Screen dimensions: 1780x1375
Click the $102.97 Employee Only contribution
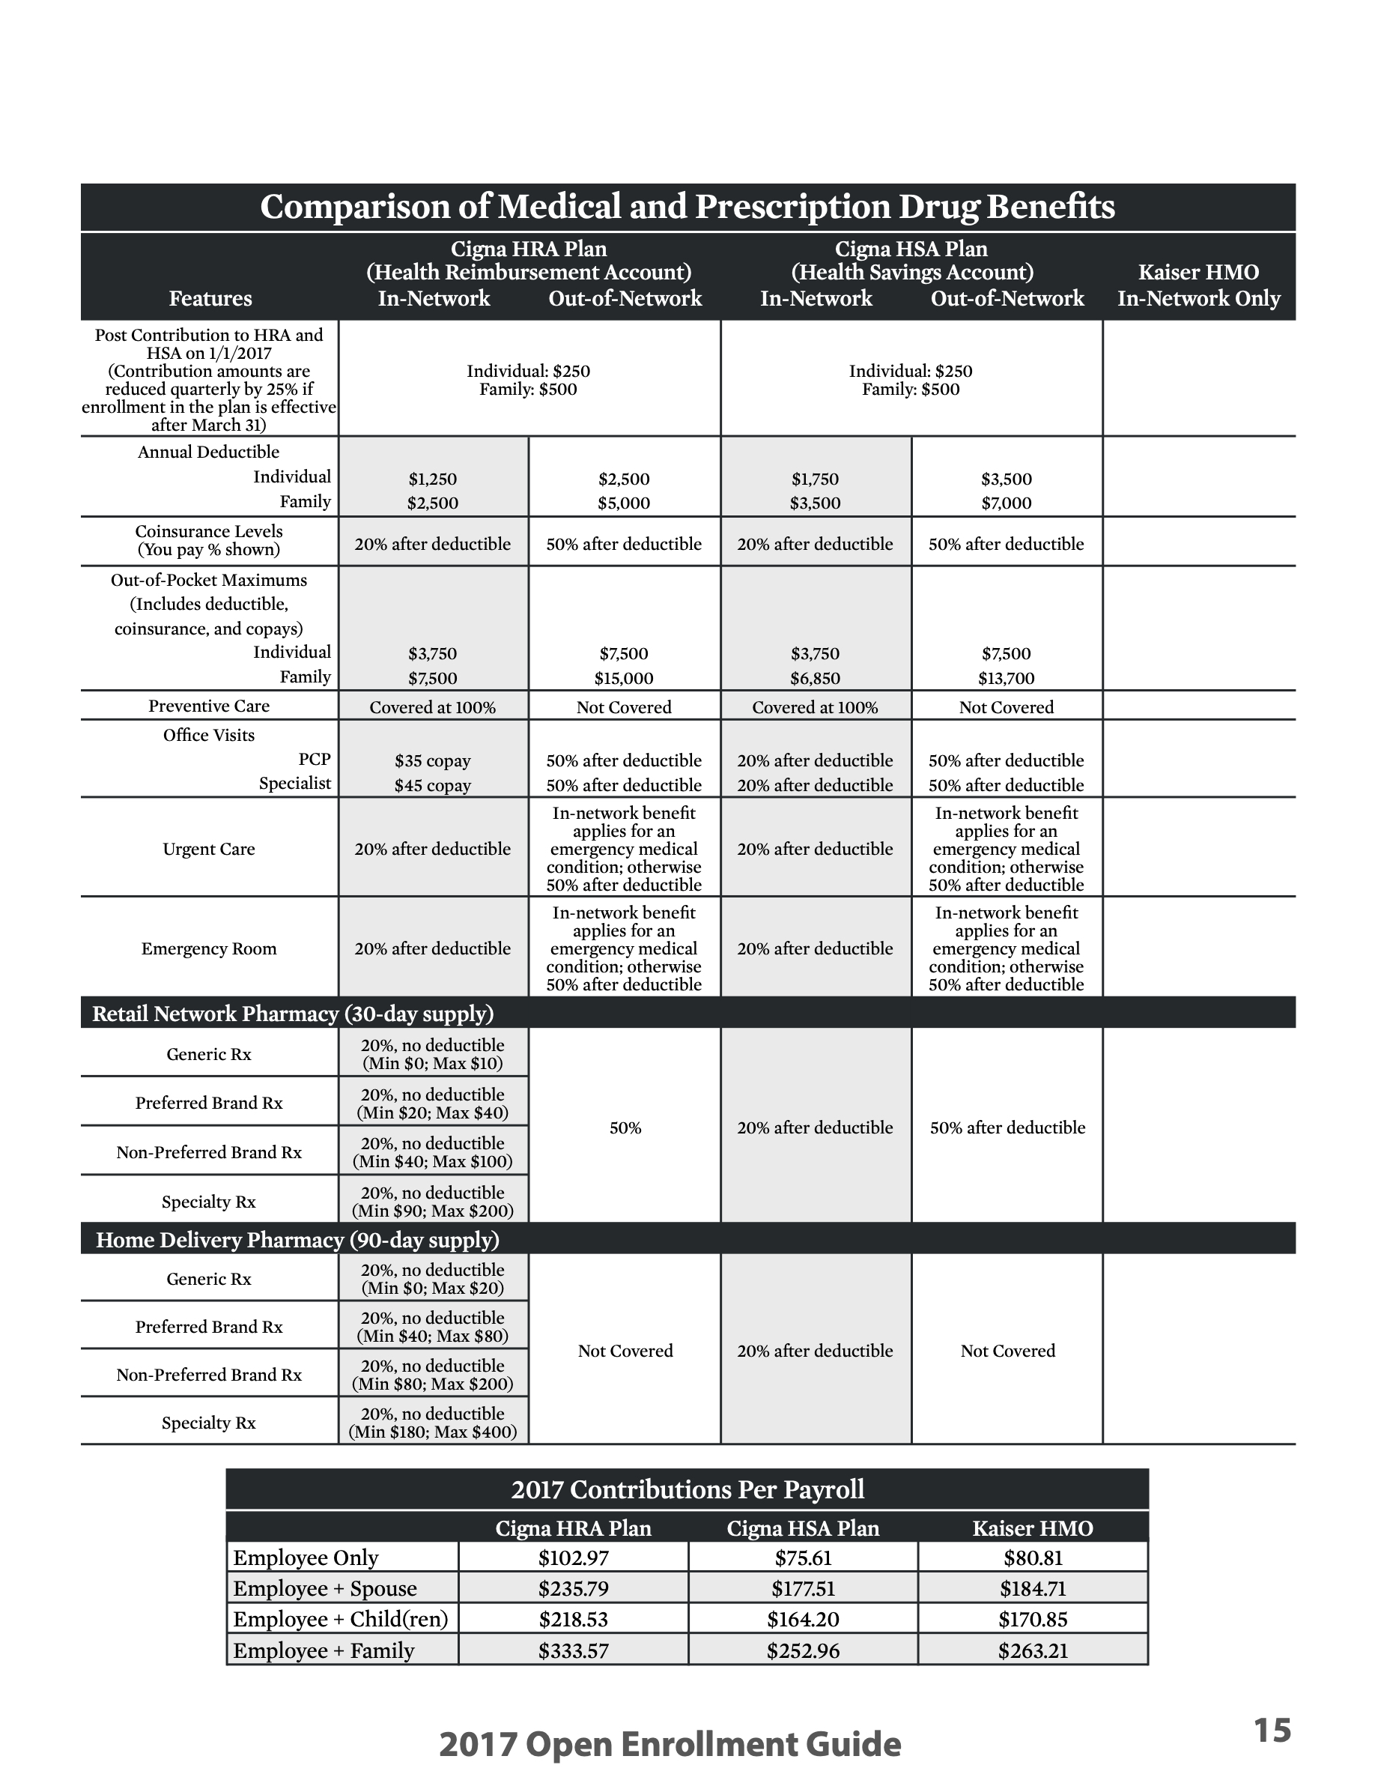[x=574, y=1557]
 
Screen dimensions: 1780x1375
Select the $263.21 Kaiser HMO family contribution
[x=1033, y=1650]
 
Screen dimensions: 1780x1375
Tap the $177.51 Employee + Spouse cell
[x=803, y=1588]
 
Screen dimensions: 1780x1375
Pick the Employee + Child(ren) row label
[x=341, y=1620]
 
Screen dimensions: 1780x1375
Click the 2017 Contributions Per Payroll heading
[x=687, y=1489]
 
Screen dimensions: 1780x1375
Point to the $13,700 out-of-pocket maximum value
[x=1006, y=678]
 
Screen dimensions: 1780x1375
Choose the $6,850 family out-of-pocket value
[x=815, y=678]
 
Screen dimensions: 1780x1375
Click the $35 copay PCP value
[x=433, y=761]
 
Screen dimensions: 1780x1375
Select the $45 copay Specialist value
[x=433, y=786]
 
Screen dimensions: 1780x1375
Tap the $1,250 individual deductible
[x=433, y=479]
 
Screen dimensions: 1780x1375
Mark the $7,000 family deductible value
[x=1006, y=503]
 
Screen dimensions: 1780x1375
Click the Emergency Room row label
[x=210, y=948]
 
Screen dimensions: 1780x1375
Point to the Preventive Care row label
[x=210, y=706]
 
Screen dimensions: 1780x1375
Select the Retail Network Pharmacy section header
[x=294, y=1014]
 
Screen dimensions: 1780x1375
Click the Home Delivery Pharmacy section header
[x=297, y=1240]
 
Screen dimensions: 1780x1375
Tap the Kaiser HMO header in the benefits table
[x=1198, y=272]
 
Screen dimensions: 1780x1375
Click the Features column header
[x=210, y=298]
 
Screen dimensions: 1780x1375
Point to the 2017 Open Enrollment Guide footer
[x=670, y=1745]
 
